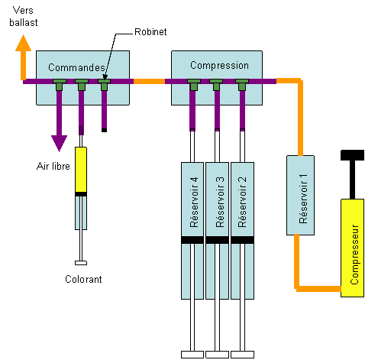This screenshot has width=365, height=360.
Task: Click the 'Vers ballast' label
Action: point(24,16)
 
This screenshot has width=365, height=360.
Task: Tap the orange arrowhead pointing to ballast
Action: point(23,43)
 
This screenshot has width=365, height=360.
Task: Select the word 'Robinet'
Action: point(150,32)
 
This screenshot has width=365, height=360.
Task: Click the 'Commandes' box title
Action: point(76,67)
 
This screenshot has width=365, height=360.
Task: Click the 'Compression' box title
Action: point(219,66)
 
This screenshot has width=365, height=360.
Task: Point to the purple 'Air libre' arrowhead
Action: point(59,144)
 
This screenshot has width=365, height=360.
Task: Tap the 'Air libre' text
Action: point(53,166)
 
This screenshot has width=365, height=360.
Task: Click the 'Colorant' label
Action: point(83,279)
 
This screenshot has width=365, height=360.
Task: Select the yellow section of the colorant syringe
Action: point(81,170)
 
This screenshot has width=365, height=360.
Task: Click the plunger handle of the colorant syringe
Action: point(81,263)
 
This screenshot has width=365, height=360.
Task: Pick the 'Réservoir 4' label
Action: point(194,202)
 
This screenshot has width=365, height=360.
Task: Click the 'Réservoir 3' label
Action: point(220,202)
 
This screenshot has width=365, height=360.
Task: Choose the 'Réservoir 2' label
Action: point(242,202)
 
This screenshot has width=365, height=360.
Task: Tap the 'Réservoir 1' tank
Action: point(300,195)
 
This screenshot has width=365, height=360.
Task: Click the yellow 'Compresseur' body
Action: point(352,248)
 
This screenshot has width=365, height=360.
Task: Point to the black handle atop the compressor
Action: point(352,155)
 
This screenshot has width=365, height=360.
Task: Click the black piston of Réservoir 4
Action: point(192,240)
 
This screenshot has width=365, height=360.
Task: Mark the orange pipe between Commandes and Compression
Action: point(149,82)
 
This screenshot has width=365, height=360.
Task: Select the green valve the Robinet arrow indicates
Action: point(105,85)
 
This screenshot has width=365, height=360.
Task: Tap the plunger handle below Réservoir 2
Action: point(242,355)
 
